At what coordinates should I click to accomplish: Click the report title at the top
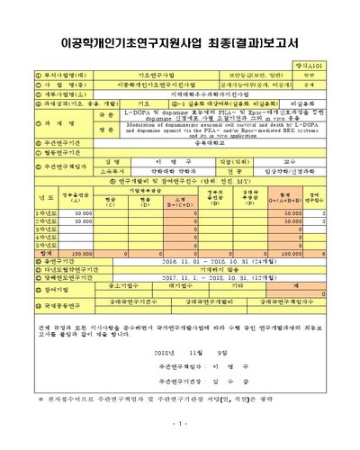pos(180,38)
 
